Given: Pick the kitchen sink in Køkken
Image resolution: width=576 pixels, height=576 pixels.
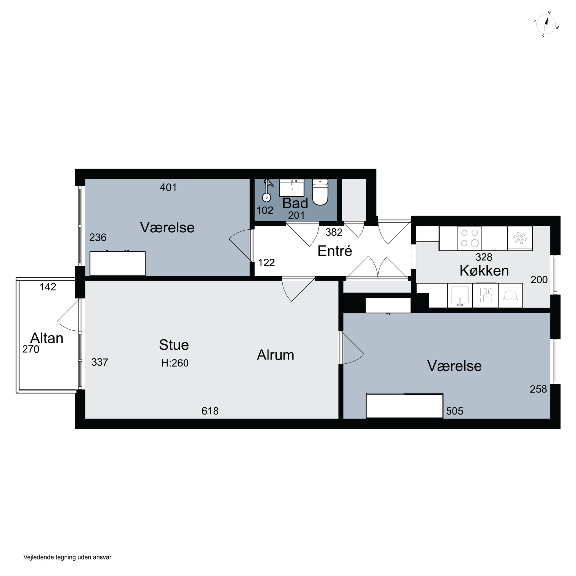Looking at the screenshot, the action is coord(460,295).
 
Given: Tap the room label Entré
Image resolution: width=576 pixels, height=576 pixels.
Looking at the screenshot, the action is coord(334,251).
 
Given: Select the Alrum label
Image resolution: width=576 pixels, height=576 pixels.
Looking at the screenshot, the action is coord(276,355).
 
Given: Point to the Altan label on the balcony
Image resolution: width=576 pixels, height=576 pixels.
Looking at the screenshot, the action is coord(47,338).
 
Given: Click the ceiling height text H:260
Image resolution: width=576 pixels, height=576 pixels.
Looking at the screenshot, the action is coord(175,363).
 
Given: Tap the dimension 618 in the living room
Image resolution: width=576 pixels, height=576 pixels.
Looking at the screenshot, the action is coord(210,411).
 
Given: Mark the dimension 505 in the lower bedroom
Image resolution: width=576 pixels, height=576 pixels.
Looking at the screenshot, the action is coord(455,411).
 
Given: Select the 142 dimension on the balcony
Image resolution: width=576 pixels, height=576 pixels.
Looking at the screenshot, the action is coord(48,287).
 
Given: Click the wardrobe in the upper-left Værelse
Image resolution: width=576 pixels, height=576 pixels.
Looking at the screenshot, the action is coord(118,263).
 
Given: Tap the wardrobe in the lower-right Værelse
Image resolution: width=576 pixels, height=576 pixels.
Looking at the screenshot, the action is coord(405,406).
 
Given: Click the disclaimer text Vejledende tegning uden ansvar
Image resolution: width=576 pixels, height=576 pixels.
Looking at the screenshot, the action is coord(67,557).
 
